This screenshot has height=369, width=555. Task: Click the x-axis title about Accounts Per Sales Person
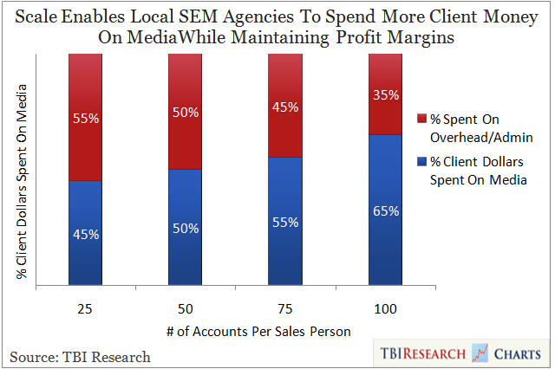236,333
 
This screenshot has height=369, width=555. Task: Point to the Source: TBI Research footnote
80,356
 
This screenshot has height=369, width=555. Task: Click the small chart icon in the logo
480,353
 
